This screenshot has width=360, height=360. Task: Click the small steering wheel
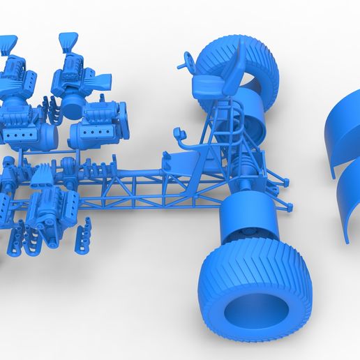coord(187,59)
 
